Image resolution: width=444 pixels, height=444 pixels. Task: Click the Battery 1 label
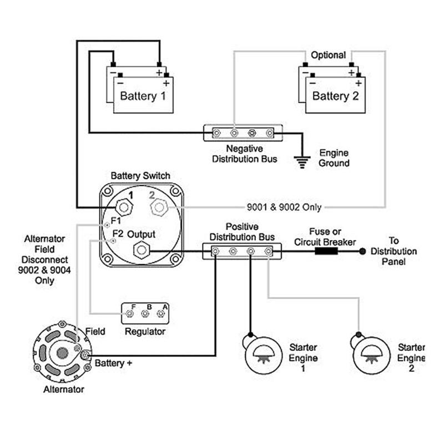tap(143, 96)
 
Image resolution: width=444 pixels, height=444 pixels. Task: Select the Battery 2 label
tap(336, 96)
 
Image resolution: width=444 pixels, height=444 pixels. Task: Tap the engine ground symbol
tap(302, 162)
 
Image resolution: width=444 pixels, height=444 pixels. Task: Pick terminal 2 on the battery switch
tap(159, 208)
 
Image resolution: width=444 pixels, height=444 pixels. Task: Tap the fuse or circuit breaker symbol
tap(327, 251)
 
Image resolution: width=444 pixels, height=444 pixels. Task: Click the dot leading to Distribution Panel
tap(362, 251)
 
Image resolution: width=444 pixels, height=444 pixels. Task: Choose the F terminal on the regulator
tap(129, 314)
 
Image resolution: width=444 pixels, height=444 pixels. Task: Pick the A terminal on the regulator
tap(161, 314)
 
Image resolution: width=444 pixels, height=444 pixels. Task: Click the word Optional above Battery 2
tap(328, 56)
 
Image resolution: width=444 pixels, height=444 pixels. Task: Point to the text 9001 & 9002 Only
tap(284, 208)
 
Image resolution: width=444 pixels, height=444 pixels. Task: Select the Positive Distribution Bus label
tap(242, 233)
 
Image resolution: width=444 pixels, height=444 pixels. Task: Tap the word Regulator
tap(145, 331)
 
